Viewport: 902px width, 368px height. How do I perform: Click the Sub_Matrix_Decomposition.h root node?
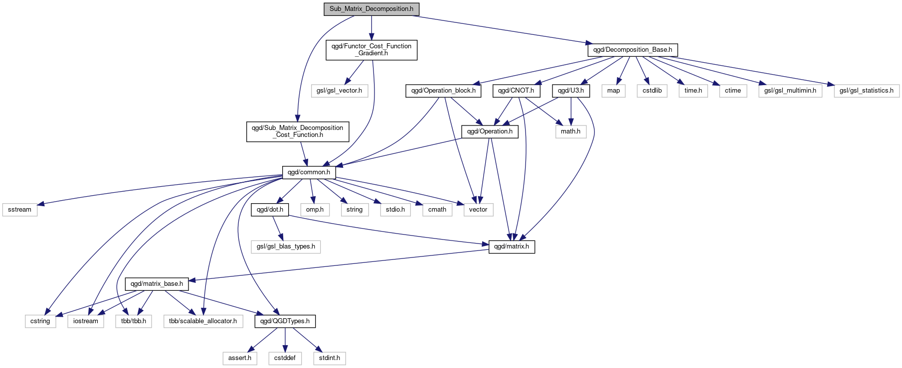pos(371,9)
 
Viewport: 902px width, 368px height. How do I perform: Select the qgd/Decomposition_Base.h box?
pos(632,50)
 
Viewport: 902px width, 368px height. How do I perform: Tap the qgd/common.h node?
pos(309,172)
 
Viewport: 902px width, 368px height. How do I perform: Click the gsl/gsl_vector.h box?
pos(339,91)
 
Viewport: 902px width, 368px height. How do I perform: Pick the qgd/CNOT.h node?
pos(516,91)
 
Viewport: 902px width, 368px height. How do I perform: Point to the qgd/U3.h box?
pos(570,91)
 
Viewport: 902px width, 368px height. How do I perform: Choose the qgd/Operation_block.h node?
pos(443,91)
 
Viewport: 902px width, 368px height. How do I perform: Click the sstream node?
pos(19,210)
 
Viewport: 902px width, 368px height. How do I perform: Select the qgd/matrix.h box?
pos(512,246)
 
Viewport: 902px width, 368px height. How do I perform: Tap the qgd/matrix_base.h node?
pos(157,284)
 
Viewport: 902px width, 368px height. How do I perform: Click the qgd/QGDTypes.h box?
pos(285,321)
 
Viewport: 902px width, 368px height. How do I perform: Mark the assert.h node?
pos(240,358)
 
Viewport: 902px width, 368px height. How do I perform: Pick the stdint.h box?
pos(330,358)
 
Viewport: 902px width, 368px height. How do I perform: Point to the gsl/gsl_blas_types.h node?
pos(286,246)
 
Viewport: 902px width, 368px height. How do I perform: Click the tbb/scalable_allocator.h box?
pos(203,321)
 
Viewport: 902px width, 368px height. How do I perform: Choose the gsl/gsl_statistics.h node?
pos(866,91)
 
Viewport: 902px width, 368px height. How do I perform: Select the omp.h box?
pos(315,210)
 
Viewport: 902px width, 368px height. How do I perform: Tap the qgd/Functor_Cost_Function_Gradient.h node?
pos(371,50)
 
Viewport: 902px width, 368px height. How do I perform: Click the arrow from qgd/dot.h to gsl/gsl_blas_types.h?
pos(278,228)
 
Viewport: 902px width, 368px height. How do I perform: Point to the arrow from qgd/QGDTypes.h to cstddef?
pos(285,340)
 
